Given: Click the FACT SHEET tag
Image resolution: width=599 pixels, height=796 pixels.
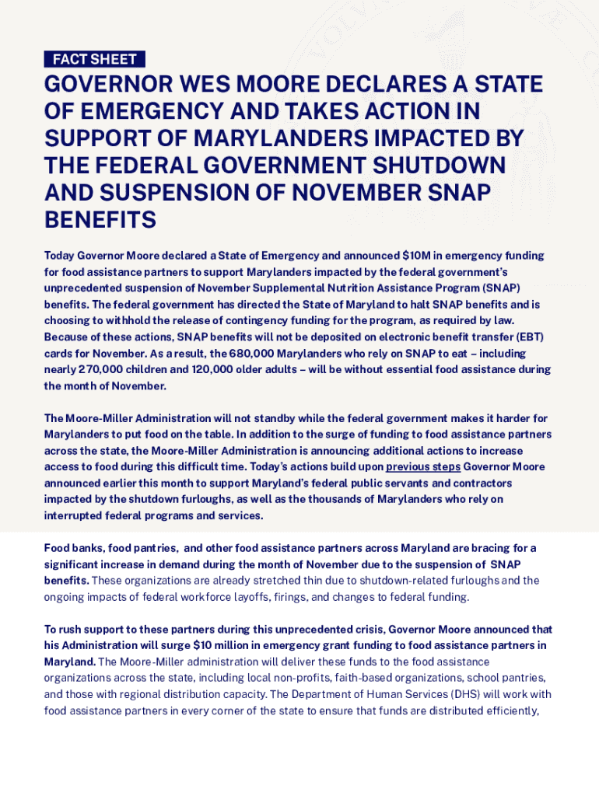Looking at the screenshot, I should [x=94, y=59].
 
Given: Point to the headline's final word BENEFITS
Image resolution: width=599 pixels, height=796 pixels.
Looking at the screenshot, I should [x=100, y=220].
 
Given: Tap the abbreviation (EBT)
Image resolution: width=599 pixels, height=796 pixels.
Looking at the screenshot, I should [x=534, y=337].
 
